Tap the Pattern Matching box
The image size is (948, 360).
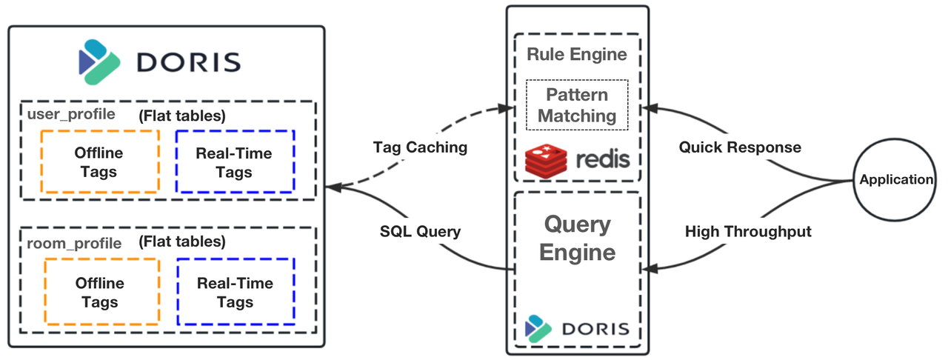[577, 105]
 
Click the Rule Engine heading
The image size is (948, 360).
[577, 54]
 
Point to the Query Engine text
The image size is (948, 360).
[577, 238]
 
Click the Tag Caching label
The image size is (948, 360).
[419, 147]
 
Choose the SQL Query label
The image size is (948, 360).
[419, 231]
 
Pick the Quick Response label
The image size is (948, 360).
[740, 147]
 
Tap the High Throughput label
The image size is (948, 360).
[748, 231]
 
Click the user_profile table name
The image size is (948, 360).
[71, 114]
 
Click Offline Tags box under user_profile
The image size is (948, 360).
[99, 162]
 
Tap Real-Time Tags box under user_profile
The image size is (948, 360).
[234, 162]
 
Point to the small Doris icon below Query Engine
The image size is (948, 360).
[538, 327]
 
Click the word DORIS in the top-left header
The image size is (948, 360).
[189, 61]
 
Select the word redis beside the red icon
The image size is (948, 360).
[601, 160]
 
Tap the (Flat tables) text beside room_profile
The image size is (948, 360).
[182, 241]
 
